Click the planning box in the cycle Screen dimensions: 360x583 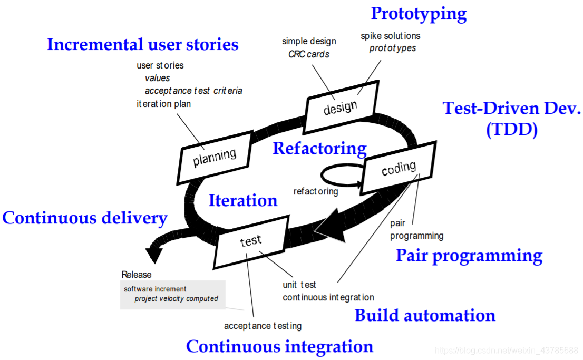click(x=215, y=156)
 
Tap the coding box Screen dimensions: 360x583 click(x=399, y=168)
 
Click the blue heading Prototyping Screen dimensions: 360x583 click(x=419, y=14)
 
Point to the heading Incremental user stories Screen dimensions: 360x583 click(x=142, y=44)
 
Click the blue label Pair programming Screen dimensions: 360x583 click(x=469, y=256)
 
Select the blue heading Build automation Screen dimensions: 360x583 click(x=425, y=316)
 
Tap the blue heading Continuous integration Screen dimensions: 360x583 click(x=279, y=347)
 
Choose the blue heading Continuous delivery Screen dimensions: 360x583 click(x=85, y=218)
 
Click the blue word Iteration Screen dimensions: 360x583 click(x=242, y=201)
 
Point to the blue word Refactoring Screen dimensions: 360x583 click(x=319, y=149)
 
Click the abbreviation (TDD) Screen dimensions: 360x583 click(x=511, y=129)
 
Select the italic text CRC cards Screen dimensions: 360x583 click(x=309, y=54)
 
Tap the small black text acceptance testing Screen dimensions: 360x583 click(x=263, y=326)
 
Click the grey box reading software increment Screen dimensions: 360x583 click(x=173, y=294)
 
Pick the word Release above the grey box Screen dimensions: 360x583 click(x=136, y=275)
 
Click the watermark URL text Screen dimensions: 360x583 click(x=507, y=351)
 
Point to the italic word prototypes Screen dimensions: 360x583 click(x=392, y=48)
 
